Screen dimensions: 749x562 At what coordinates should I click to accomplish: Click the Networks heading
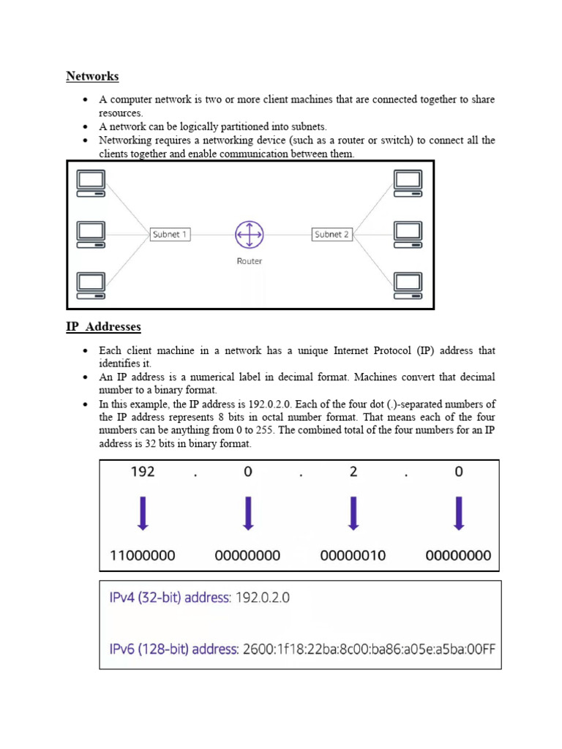pos(92,76)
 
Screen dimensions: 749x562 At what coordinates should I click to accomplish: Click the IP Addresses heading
pos(103,327)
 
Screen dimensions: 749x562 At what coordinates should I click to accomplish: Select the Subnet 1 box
pos(170,234)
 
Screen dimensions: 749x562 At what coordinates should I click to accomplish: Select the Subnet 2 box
pos(331,234)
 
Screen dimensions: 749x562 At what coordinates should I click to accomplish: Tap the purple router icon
pos(249,235)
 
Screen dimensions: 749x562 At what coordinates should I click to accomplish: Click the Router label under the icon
pos(249,261)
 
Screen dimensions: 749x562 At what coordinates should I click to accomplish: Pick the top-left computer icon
pos(91,183)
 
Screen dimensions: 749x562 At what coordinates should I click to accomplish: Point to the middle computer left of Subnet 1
pos(91,234)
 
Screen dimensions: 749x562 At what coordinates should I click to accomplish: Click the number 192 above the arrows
pos(142,473)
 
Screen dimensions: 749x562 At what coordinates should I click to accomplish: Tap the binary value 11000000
pos(142,555)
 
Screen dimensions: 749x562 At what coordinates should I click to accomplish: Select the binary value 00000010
pos(353,555)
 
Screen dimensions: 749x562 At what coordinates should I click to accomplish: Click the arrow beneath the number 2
pos(353,513)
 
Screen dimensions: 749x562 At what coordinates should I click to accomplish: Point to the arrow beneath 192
pos(143,513)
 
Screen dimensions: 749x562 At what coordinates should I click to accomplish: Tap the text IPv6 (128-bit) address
pos(173,649)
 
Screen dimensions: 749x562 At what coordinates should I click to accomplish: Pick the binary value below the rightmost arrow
pos(458,555)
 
